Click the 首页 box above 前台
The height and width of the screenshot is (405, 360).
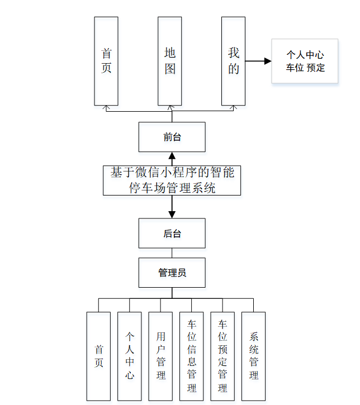click(x=106, y=61)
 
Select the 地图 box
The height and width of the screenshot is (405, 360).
click(x=170, y=61)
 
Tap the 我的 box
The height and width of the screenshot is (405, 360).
click(x=234, y=61)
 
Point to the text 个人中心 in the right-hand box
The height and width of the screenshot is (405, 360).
click(x=305, y=55)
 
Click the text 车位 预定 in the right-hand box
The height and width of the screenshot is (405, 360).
click(x=305, y=68)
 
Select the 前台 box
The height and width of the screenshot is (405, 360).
click(x=172, y=137)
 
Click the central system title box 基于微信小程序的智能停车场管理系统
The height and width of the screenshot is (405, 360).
click(x=172, y=180)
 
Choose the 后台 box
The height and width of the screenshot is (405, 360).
click(x=172, y=234)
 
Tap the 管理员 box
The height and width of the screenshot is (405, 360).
click(x=172, y=273)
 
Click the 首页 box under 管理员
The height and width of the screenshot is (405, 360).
click(x=99, y=356)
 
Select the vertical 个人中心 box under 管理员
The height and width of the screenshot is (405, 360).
click(x=130, y=356)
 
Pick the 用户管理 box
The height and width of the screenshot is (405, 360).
click(x=161, y=356)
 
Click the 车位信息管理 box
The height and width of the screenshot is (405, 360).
click(x=192, y=356)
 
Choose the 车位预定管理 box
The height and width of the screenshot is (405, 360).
click(x=222, y=356)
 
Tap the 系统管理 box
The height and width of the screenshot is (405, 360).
click(x=254, y=356)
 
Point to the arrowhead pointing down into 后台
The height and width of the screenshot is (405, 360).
click(x=172, y=214)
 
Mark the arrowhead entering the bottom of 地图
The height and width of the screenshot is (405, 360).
click(x=170, y=107)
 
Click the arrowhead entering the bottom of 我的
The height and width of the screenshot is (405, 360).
click(x=234, y=107)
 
